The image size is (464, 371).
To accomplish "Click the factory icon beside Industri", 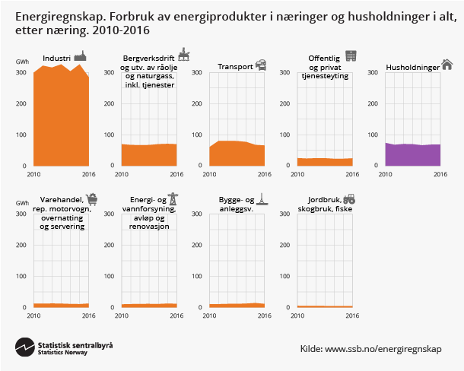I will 80,55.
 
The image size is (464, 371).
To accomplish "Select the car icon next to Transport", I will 260,65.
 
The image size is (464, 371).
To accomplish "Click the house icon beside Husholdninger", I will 447,65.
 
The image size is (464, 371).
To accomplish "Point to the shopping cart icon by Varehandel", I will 92,199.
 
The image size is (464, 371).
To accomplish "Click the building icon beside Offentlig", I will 350,55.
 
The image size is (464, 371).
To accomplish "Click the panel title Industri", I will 57,58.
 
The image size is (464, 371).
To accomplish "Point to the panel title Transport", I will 235,67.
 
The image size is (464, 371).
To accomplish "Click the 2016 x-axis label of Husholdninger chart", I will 440,174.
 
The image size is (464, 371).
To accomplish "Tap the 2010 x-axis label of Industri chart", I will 33,174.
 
